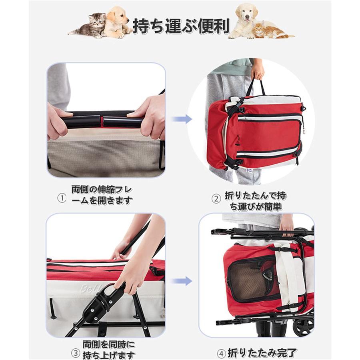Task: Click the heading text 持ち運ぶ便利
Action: (x=181, y=26)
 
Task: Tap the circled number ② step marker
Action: (x=216, y=198)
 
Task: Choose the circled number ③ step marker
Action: (x=75, y=353)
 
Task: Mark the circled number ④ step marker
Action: (x=222, y=353)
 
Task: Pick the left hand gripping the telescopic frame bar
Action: (x=58, y=120)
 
